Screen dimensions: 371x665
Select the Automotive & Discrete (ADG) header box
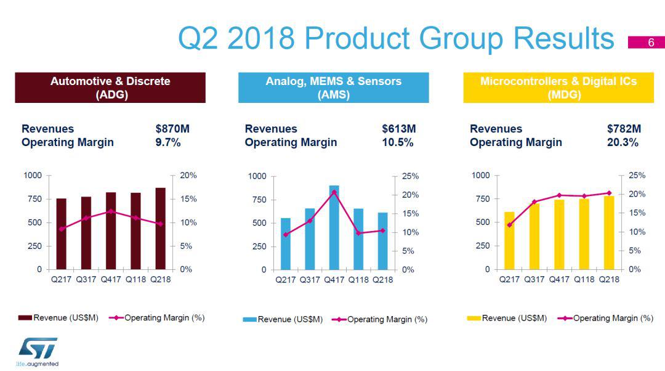[110, 88]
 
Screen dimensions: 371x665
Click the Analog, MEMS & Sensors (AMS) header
[333, 88]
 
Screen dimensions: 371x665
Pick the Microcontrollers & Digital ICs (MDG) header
[558, 88]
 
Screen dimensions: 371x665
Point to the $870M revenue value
[172, 129]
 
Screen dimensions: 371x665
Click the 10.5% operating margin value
[398, 142]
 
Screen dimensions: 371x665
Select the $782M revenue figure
[624, 129]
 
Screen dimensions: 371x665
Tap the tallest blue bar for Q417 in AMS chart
[334, 227]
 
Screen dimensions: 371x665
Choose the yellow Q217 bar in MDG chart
[509, 240]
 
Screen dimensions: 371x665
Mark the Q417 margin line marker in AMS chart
[334, 192]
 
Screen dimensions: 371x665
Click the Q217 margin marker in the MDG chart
[509, 225]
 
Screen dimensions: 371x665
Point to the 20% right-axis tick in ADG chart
[188, 176]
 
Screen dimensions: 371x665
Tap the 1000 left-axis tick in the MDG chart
[481, 176]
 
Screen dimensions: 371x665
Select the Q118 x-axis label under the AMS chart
[358, 280]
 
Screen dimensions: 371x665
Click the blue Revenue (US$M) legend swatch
[249, 319]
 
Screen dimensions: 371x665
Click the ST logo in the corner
[37, 348]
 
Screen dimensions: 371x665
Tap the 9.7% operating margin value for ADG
[168, 142]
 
